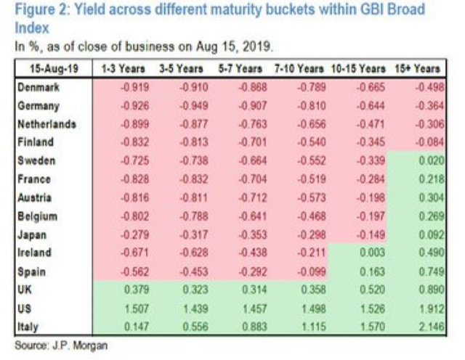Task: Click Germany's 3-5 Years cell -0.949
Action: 185,105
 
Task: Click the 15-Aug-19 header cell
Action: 51,68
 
